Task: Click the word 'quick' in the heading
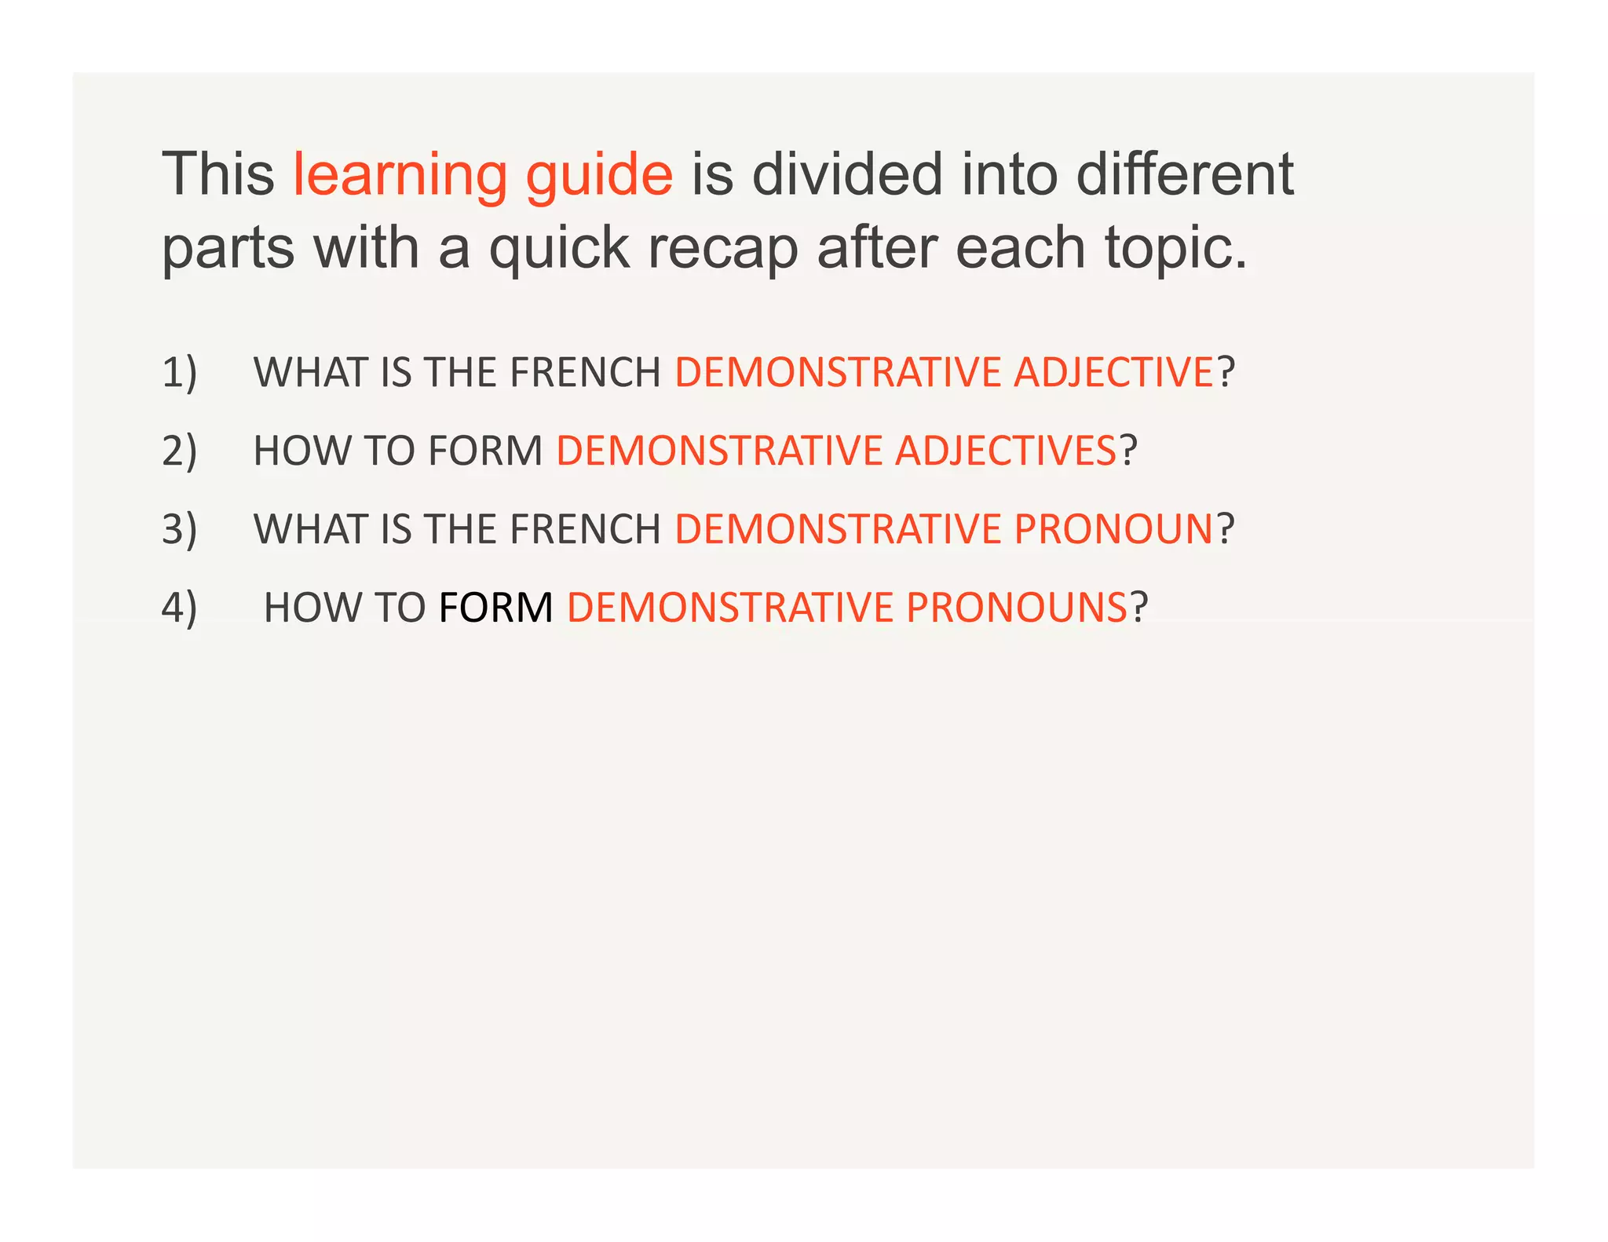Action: point(559,249)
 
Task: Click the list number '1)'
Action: point(180,372)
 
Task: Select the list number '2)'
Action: point(180,451)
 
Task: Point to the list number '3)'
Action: point(180,529)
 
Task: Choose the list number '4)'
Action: point(180,608)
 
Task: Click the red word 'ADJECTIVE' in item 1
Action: point(1114,372)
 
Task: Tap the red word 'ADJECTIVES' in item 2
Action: point(1006,451)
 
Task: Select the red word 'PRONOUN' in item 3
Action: point(1114,529)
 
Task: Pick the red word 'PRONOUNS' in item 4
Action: point(1017,608)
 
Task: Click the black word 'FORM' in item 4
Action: point(496,608)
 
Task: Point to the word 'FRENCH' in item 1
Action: point(586,372)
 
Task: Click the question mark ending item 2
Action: point(1128,451)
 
